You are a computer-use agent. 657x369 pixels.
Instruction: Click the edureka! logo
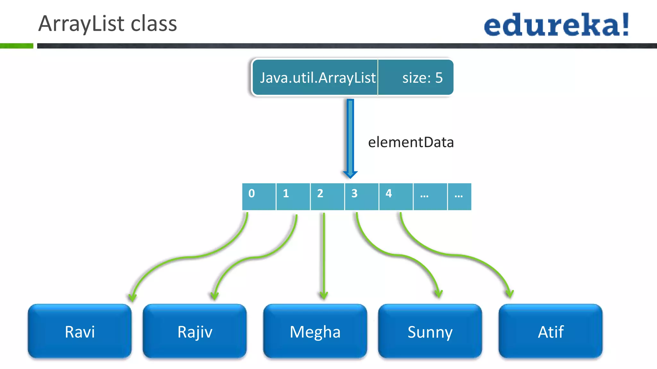556,25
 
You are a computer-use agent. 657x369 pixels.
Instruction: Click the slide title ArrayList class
107,24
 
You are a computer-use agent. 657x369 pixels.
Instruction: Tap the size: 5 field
422,78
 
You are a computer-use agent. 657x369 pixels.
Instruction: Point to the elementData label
411,142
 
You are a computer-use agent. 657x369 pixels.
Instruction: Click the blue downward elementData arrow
350,138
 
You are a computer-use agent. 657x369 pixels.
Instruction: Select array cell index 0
259,196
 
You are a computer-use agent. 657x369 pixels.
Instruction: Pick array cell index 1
293,196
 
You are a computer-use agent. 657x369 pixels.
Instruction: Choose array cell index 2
327,196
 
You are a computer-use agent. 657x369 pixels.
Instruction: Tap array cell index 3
362,196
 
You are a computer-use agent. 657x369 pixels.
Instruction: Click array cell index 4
396,196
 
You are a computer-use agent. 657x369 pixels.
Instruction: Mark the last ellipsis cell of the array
459,196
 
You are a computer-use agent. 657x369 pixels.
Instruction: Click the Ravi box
80,331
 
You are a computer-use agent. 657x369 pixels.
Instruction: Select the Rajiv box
195,331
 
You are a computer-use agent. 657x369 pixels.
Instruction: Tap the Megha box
315,331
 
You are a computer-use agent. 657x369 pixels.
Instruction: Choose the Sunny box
430,331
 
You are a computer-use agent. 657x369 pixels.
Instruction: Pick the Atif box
550,331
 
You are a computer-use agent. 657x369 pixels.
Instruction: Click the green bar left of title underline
16,46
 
